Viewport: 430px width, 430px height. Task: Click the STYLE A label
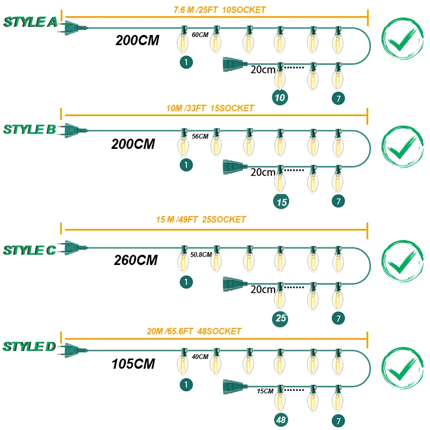click(x=31, y=22)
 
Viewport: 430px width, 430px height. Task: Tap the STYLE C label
click(x=30, y=250)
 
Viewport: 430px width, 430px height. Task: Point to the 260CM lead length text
click(x=135, y=260)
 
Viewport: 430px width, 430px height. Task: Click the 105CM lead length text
click(x=133, y=364)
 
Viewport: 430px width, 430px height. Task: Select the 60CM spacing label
click(x=200, y=34)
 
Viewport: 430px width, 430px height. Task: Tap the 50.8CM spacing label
click(x=201, y=254)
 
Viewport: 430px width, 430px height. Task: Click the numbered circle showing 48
click(x=280, y=419)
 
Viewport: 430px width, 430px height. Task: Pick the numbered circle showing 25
click(x=281, y=318)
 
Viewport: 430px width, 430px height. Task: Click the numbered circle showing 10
click(x=279, y=97)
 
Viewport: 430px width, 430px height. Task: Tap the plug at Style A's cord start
click(x=73, y=27)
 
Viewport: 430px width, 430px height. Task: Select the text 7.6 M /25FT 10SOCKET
click(x=219, y=10)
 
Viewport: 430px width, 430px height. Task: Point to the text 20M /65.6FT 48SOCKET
click(x=194, y=331)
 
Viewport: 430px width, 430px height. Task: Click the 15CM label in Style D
click(x=266, y=391)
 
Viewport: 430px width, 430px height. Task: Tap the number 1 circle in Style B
click(x=185, y=165)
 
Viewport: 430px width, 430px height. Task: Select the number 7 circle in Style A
click(x=338, y=97)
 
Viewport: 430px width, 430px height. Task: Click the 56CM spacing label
click(x=200, y=137)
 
